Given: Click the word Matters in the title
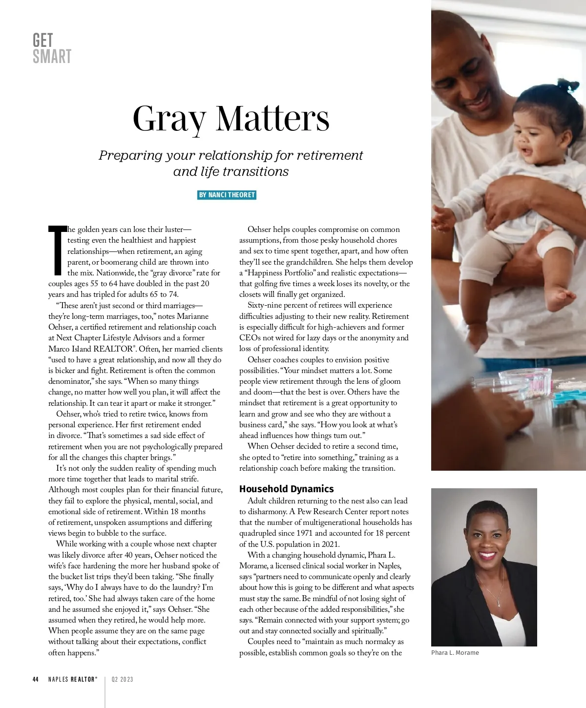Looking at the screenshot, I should (273, 119).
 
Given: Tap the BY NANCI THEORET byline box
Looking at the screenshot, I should (227, 195).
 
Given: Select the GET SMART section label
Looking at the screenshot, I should (52, 48).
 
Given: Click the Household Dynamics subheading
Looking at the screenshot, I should (286, 489).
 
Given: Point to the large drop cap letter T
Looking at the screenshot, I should (57, 250).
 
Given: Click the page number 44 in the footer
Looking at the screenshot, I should (36, 679).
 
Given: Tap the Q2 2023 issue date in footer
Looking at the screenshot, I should (122, 679).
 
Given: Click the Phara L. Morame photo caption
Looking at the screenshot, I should (455, 653).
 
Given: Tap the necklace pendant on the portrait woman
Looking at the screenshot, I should (499, 604).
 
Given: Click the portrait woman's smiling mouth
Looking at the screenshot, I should (486, 555).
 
